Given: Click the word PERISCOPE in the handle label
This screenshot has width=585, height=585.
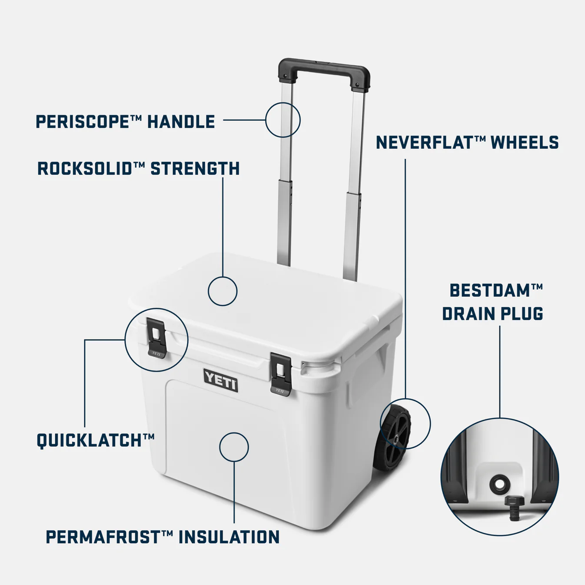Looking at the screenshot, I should click(x=82, y=121).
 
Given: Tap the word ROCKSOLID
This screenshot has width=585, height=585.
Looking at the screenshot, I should click(x=85, y=168).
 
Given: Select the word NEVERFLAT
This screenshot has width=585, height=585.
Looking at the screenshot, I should click(x=425, y=142).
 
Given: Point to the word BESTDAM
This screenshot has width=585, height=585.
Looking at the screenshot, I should click(x=490, y=290).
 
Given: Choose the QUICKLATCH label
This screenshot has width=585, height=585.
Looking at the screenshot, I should click(x=91, y=440).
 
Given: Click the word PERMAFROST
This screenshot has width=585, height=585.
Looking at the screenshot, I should click(x=103, y=537).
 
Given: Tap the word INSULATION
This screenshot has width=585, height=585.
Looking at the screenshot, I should click(x=229, y=537).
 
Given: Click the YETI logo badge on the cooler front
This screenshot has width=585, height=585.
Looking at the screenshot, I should click(x=221, y=380).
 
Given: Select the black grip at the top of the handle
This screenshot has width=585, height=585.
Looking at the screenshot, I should click(x=324, y=71).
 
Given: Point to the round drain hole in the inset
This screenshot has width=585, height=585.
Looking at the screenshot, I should click(x=499, y=483).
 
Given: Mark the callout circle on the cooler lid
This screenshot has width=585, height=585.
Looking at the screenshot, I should click(x=223, y=291).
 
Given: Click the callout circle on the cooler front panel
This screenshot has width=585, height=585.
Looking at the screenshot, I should click(x=234, y=446).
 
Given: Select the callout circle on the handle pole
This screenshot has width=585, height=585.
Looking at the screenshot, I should click(x=283, y=120).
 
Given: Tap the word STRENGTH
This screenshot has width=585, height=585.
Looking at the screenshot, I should click(x=195, y=168).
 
